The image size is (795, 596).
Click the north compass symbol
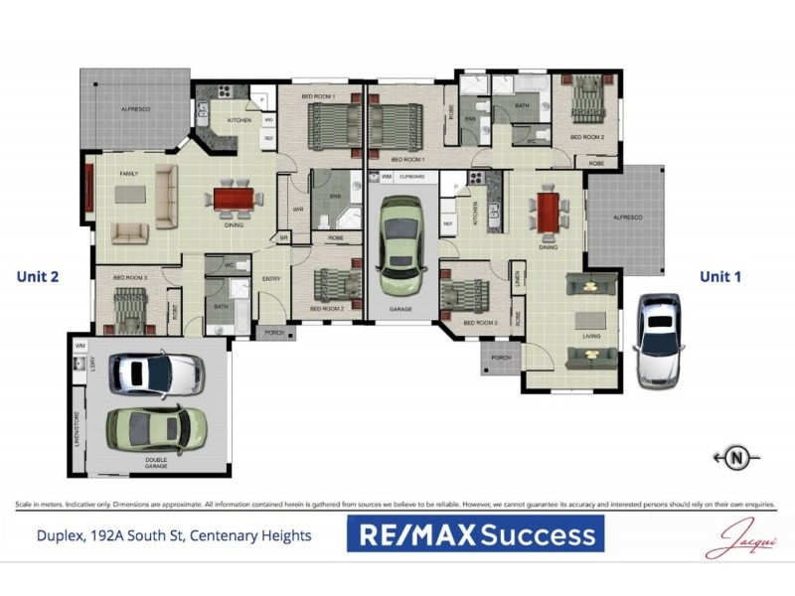(x=736, y=458)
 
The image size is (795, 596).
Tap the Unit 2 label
(x=39, y=277)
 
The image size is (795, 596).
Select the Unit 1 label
(x=720, y=277)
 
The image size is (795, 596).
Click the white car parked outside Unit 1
(x=659, y=338)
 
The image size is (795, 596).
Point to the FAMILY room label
(x=129, y=174)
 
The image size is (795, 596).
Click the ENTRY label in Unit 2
(x=271, y=279)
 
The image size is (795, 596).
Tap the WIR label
(x=297, y=210)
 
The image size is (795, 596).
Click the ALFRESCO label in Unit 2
(x=135, y=108)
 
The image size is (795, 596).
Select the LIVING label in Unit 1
(x=591, y=337)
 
